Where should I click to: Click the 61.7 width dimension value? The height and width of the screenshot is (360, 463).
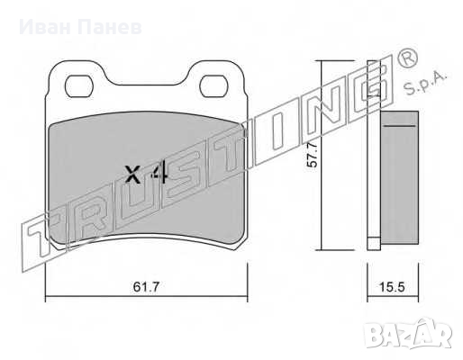click(x=146, y=287)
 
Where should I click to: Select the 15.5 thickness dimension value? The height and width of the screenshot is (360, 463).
click(x=392, y=287)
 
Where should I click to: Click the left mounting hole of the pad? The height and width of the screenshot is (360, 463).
click(x=79, y=86)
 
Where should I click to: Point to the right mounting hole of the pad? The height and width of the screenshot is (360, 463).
click(x=213, y=86)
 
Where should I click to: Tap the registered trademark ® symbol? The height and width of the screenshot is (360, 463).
click(x=407, y=57)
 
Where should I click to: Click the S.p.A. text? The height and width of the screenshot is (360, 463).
click(x=424, y=84)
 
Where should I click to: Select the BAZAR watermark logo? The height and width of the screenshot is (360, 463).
click(x=407, y=334)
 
